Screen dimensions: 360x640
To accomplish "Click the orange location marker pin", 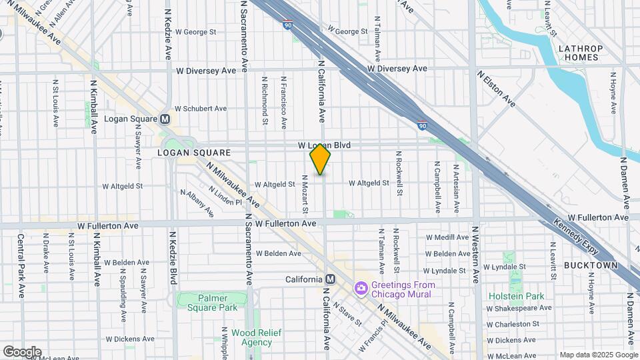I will pos(320,160).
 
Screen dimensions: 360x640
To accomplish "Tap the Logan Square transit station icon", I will pos(165,119).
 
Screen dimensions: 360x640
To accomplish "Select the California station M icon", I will pos(329,279).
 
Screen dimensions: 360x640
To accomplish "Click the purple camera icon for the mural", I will pos(361,287).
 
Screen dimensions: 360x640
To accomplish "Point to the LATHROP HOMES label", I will pos(580,53).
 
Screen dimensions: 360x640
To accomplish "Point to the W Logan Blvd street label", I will pos(324,145).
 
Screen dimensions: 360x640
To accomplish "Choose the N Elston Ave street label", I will pos(496,89).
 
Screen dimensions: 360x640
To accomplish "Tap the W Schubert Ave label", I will pos(201,109).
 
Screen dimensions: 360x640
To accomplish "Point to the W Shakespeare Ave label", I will pos(519,308).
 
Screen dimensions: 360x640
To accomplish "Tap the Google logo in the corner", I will pos(22,351).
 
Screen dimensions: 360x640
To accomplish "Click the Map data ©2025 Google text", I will pos(598,355).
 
